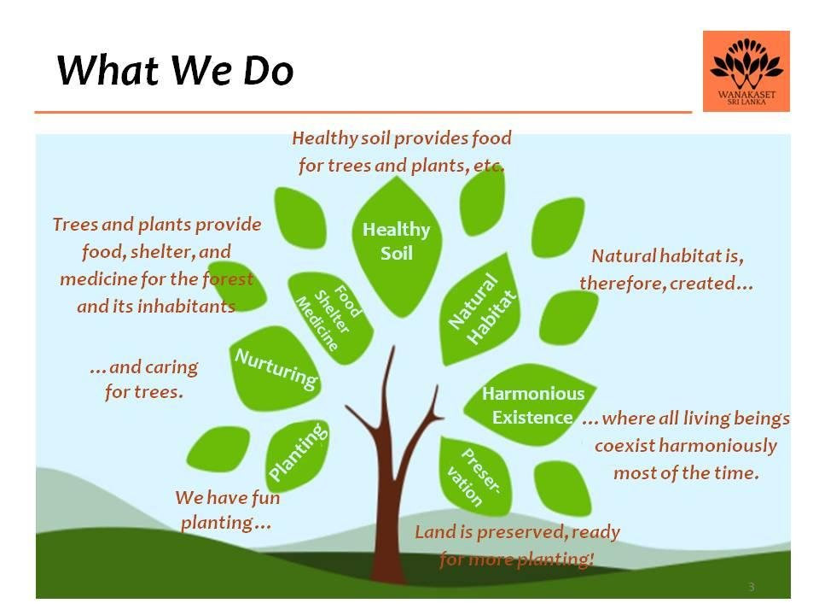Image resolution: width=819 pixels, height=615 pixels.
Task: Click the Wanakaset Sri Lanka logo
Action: coord(746,71)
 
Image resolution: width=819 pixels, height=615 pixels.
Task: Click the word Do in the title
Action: coord(269,70)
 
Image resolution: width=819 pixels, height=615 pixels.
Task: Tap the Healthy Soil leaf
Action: coord(397,246)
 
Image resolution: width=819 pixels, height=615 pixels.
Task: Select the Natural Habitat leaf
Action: coord(480,309)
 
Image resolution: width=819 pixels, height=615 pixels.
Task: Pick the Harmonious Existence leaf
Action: coord(529,404)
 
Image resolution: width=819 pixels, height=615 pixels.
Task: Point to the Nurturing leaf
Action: coord(274,368)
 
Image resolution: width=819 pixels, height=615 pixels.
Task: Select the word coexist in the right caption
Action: coord(624,446)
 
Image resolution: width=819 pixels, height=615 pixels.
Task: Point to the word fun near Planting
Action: coord(266,497)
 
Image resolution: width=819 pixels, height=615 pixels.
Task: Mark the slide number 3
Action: coord(751,587)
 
